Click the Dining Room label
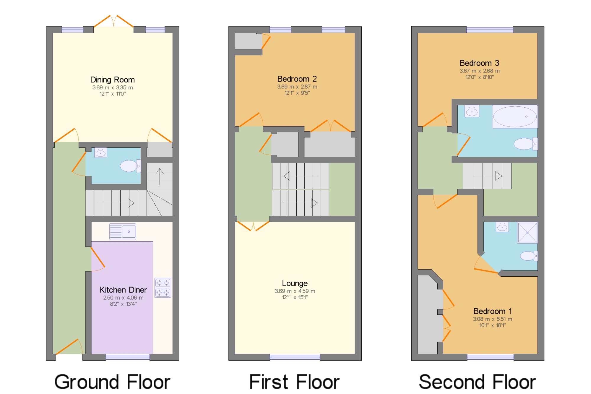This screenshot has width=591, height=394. [113, 80]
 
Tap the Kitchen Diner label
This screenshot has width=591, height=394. [123, 290]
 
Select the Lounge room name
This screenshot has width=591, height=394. [295, 283]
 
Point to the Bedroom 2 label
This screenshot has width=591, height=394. [297, 79]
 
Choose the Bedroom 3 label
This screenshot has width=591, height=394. [479, 63]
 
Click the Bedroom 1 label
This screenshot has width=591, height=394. [492, 311]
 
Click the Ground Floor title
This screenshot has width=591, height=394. [112, 382]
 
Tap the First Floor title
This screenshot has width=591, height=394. [294, 382]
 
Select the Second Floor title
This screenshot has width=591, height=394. [478, 382]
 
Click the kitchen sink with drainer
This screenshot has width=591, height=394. [123, 231]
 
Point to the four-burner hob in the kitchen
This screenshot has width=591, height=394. [163, 288]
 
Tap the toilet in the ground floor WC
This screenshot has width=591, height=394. [130, 166]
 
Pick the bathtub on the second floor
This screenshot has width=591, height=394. [515, 116]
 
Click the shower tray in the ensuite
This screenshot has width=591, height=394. [527, 233]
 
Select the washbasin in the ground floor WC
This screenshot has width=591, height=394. [100, 153]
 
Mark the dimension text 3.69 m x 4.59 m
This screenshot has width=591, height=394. [295, 291]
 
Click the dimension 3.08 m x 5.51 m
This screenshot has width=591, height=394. [493, 319]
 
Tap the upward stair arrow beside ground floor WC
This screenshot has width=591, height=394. [160, 176]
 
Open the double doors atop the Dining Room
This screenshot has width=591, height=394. [114, 21]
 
